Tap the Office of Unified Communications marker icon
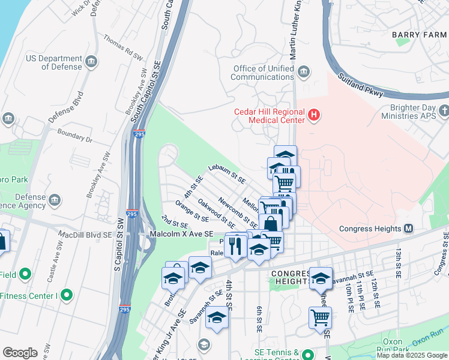coord(304,73)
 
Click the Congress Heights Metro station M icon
coord(409,229)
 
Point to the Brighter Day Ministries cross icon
coord(444,111)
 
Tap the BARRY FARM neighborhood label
coord(419,35)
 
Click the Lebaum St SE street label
coord(227,174)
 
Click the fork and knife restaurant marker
coord(235,246)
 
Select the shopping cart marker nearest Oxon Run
coord(320,317)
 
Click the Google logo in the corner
coord(20,353)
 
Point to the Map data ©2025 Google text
coord(412,355)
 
